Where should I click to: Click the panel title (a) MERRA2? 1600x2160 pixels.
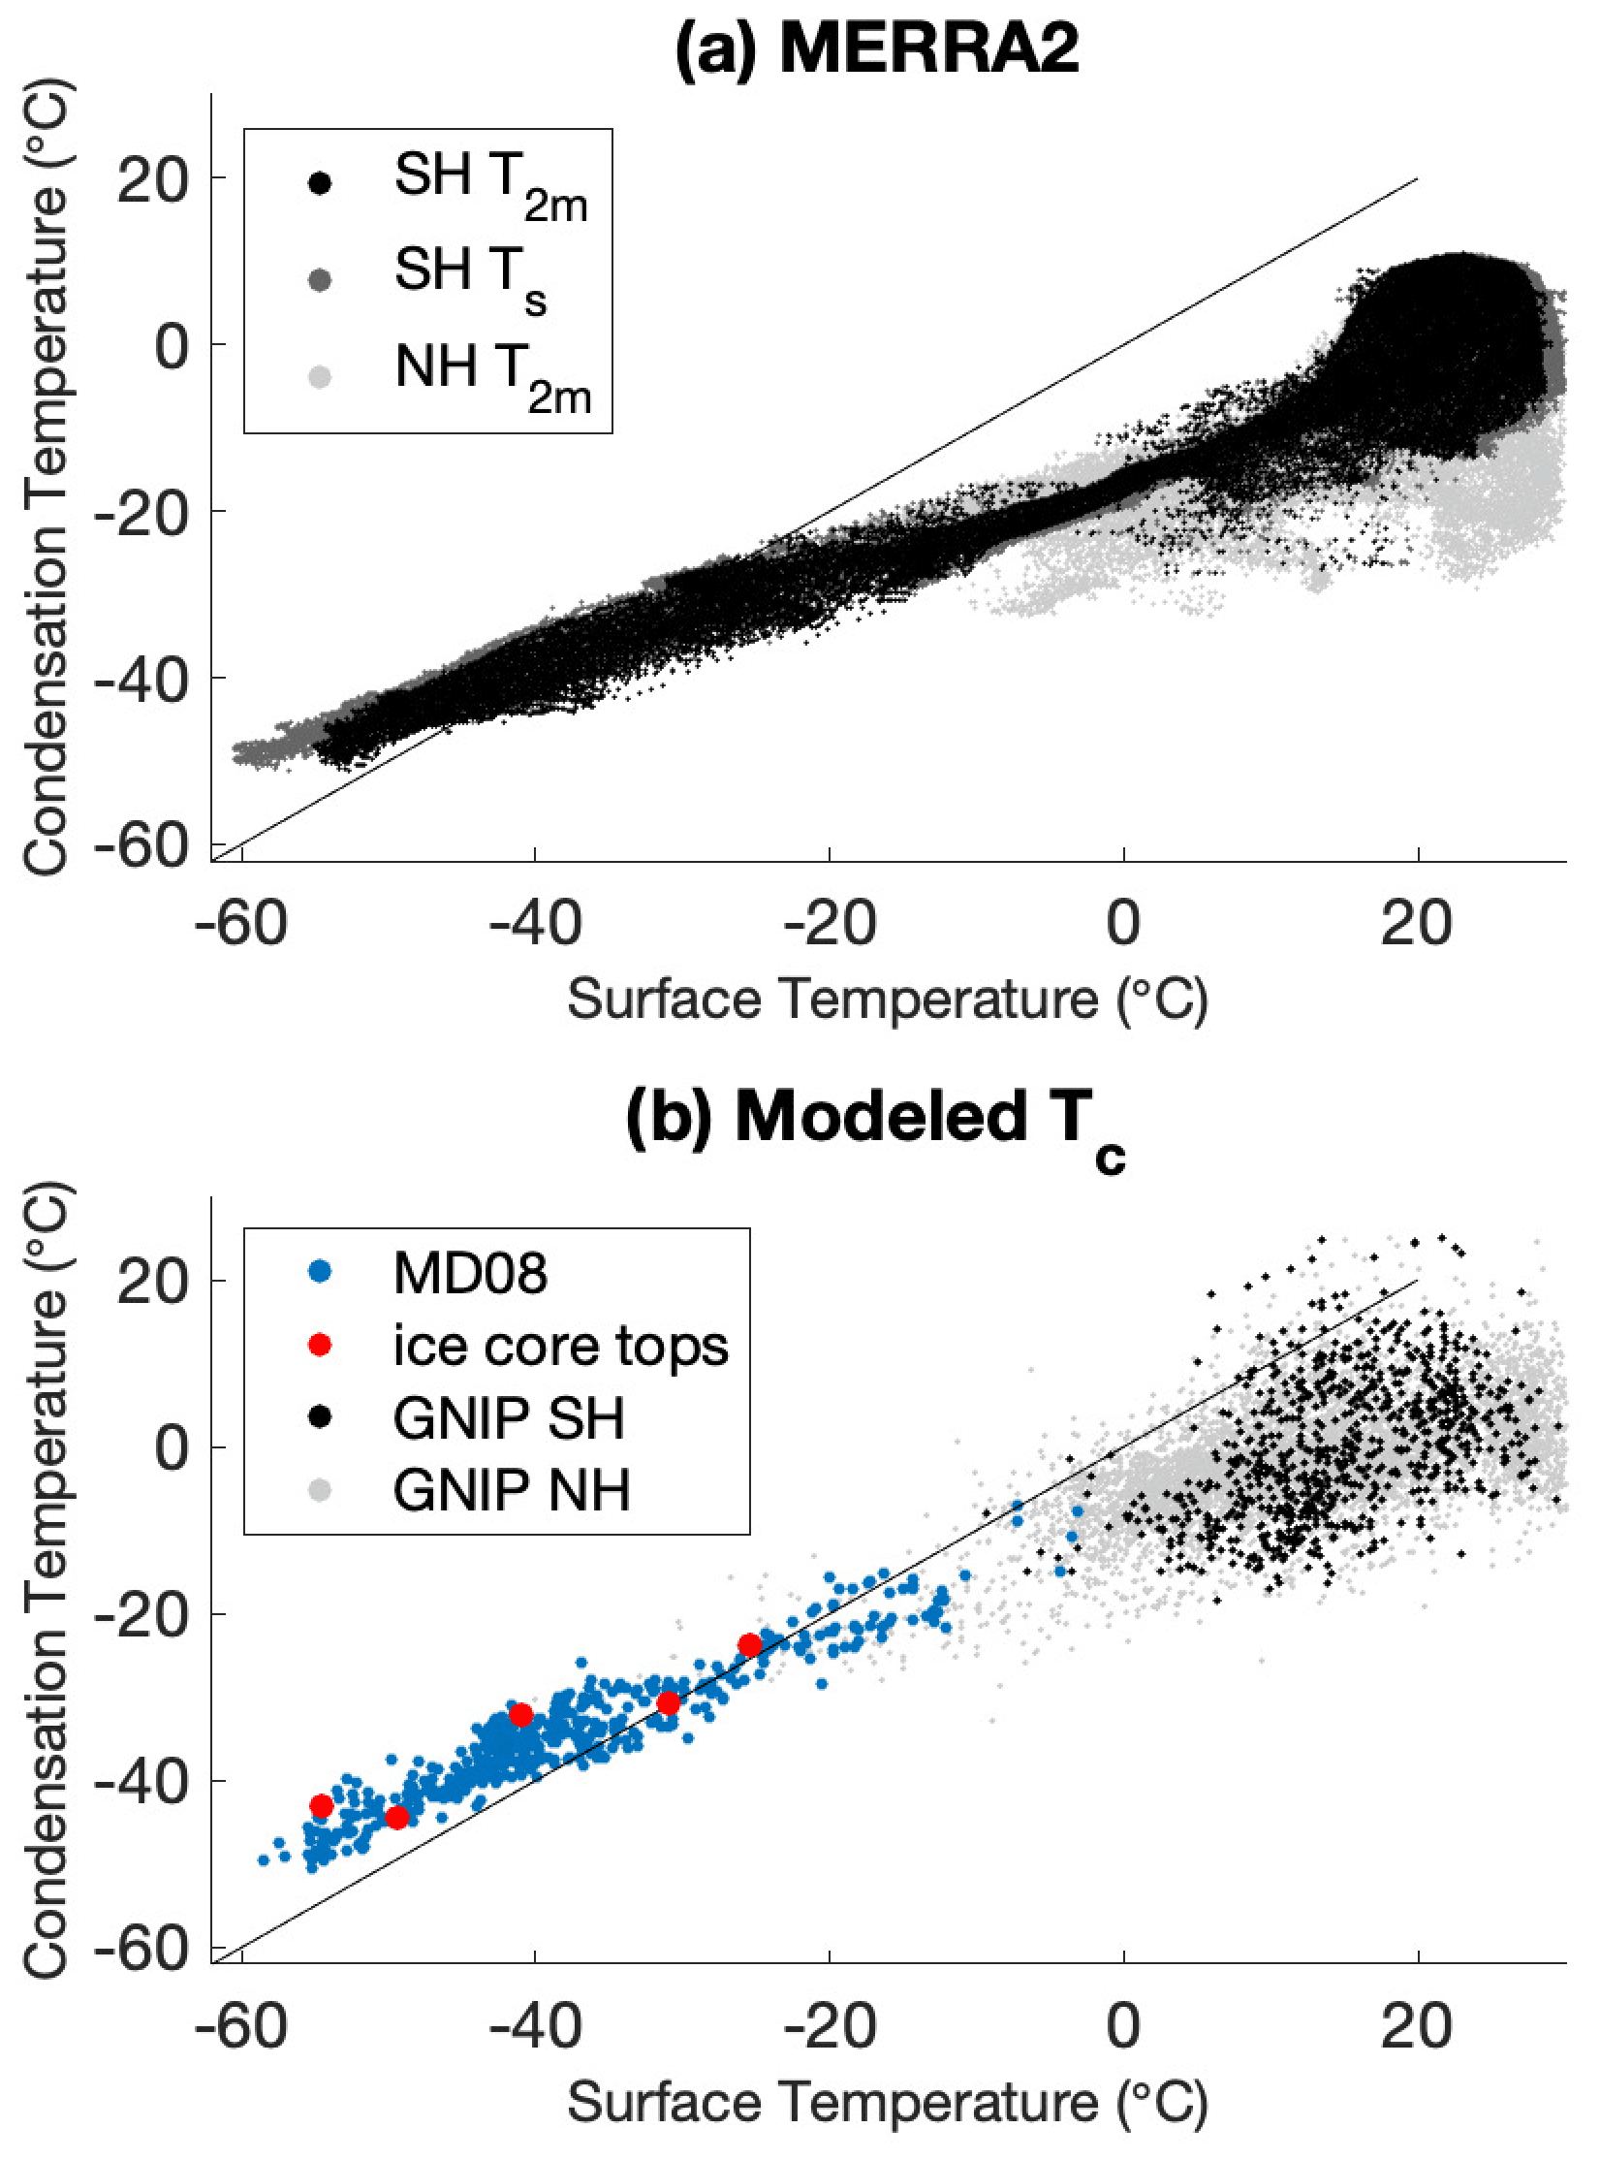[877, 47]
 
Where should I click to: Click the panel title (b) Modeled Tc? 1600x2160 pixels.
[877, 1118]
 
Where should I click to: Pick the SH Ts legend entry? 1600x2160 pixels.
[470, 276]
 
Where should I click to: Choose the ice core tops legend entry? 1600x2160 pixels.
[560, 1346]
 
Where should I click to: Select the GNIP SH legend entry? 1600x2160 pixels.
[509, 1418]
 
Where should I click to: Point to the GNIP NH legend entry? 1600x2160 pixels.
[511, 1490]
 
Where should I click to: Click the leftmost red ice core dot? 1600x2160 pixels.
[322, 1806]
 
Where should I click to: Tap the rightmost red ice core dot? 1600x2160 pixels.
[750, 1645]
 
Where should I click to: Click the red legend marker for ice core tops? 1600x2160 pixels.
[320, 1346]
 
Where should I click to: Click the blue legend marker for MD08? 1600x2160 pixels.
[320, 1273]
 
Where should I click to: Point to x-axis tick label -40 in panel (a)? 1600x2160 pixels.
[536, 922]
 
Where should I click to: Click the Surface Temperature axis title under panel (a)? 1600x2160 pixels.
[887, 999]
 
